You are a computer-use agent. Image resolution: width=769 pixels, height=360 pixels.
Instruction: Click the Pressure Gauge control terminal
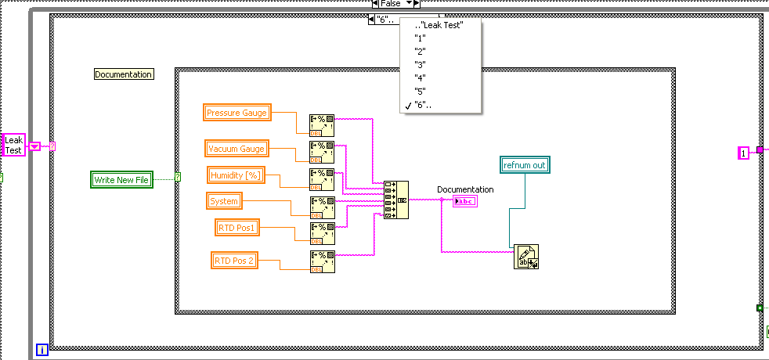[x=237, y=113]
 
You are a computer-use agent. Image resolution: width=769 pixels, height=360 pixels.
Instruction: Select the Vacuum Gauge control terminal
[x=236, y=148]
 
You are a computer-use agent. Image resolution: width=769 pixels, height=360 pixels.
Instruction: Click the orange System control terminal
[x=224, y=201]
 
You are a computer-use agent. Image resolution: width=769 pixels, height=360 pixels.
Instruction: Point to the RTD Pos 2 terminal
[x=235, y=260]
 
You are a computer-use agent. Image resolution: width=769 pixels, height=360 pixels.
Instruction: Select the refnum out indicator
[x=524, y=164]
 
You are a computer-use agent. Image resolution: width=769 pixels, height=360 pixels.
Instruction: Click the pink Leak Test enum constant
[x=14, y=145]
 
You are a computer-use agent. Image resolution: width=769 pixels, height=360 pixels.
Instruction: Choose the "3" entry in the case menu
[x=420, y=64]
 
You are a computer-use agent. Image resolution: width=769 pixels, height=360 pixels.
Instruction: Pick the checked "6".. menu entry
[x=424, y=105]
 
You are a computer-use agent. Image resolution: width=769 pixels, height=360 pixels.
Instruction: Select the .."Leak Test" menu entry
[x=439, y=24]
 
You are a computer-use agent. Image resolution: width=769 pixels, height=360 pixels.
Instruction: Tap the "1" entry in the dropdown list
[x=420, y=38]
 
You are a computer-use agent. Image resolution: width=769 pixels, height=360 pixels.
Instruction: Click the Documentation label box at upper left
[x=123, y=74]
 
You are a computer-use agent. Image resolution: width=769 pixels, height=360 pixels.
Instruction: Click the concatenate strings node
[x=395, y=200]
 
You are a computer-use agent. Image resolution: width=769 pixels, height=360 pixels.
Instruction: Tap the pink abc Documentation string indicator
[x=465, y=201]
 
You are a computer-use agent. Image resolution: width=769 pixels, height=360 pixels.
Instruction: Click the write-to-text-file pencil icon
[x=526, y=256]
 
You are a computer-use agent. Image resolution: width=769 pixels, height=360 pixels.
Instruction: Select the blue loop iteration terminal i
[x=42, y=350]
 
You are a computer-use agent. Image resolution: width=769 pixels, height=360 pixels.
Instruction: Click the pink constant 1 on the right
[x=744, y=153]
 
